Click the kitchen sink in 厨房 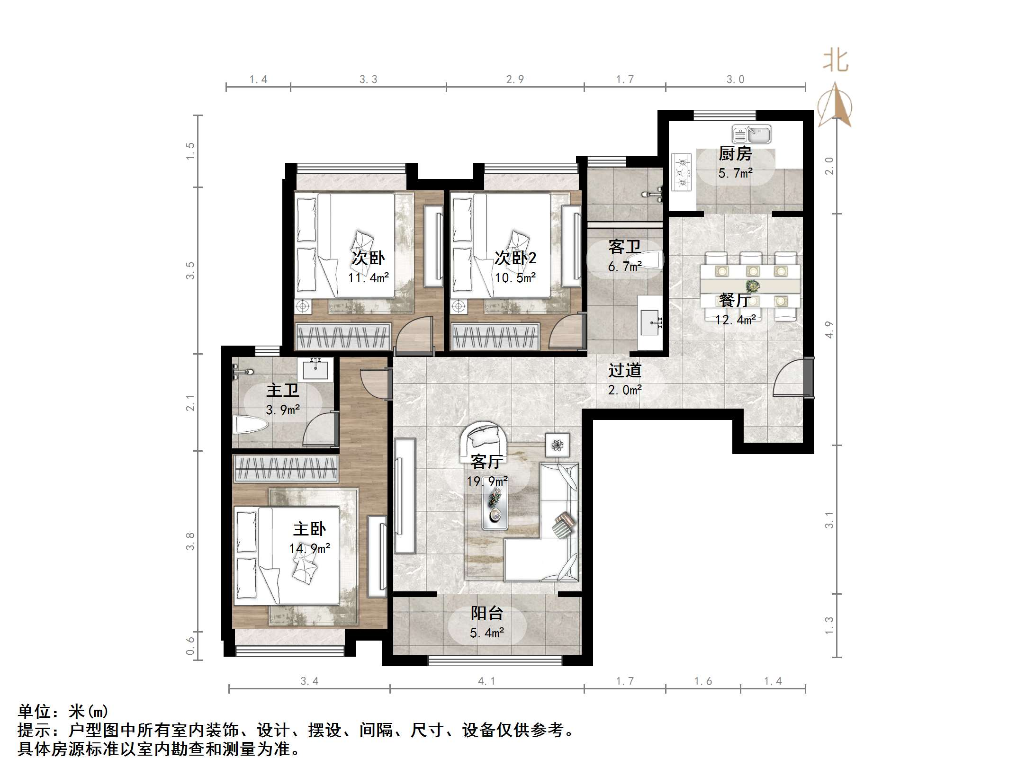[x=751, y=134]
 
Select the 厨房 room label [x=735, y=153]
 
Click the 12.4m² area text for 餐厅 [x=735, y=320]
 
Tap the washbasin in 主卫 [x=315, y=369]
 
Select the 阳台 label [x=486, y=613]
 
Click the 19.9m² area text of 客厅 [x=487, y=482]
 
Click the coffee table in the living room [x=495, y=508]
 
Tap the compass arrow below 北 [x=835, y=104]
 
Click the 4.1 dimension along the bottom [x=487, y=681]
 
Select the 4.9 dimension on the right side [x=828, y=330]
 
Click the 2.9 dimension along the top [x=515, y=80]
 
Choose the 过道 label [x=625, y=370]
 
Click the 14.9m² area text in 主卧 [x=310, y=549]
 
